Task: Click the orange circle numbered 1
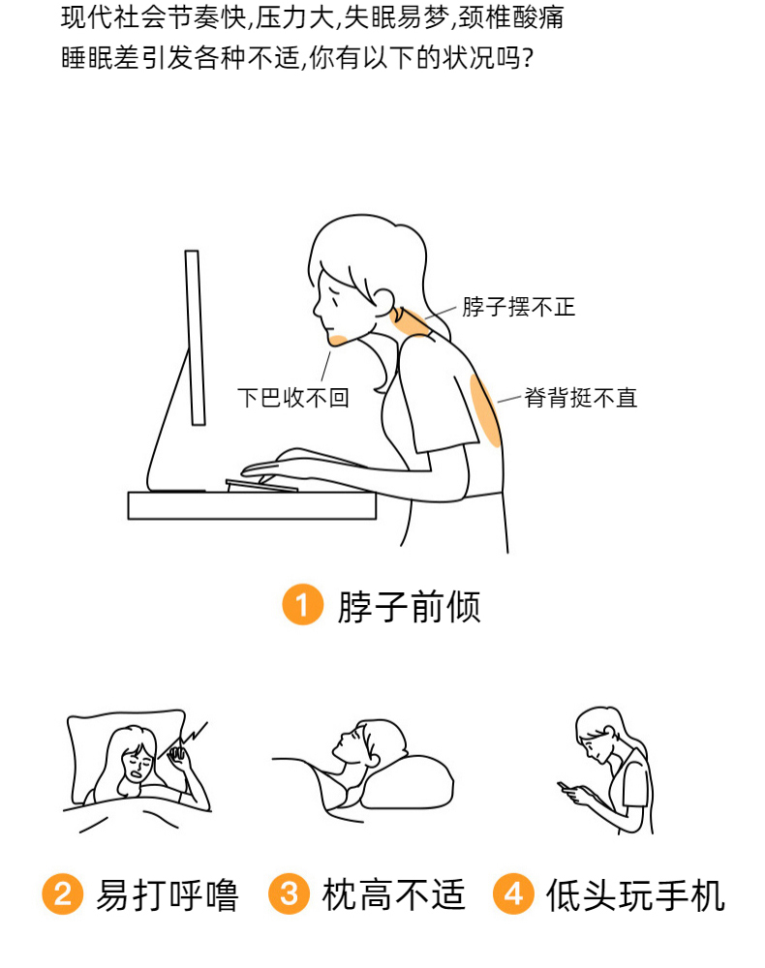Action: pyautogui.click(x=302, y=604)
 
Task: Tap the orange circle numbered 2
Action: pyautogui.click(x=62, y=893)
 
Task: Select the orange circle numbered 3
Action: pyautogui.click(x=289, y=893)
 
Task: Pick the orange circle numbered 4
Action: pyautogui.click(x=513, y=893)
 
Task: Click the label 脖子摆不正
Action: pyautogui.click(x=519, y=307)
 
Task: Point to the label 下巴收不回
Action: pyautogui.click(x=293, y=398)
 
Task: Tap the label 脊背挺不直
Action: pyautogui.click(x=580, y=398)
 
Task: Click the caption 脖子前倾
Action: pyautogui.click(x=409, y=606)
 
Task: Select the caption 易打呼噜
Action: pyautogui.click(x=168, y=895)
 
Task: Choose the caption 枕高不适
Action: pyautogui.click(x=393, y=895)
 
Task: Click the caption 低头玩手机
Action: pyautogui.click(x=636, y=895)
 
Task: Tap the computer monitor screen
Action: pyautogui.click(x=195, y=338)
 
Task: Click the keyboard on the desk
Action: pyautogui.click(x=261, y=486)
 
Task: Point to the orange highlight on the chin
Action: pyautogui.click(x=338, y=339)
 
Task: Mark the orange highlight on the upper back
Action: pyautogui.click(x=485, y=409)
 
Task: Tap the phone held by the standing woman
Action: pyautogui.click(x=566, y=786)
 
